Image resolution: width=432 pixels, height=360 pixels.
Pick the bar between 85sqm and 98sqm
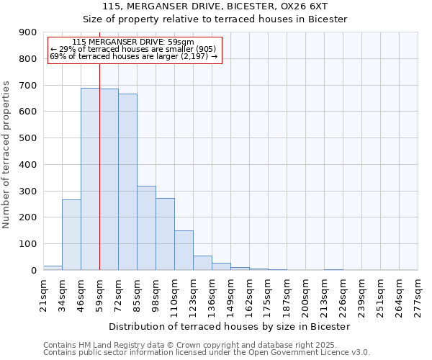click(146, 228)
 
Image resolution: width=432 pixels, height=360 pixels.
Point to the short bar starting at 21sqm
click(53, 268)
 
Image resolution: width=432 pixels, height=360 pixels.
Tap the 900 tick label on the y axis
click(28, 32)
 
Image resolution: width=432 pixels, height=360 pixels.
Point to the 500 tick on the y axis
click(28, 138)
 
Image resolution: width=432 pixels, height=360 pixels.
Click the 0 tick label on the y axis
click(34, 270)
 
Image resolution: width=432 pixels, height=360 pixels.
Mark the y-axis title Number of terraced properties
click(6, 155)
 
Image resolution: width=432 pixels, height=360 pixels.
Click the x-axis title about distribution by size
click(230, 326)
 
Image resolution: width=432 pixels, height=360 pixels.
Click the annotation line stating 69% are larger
click(134, 56)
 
